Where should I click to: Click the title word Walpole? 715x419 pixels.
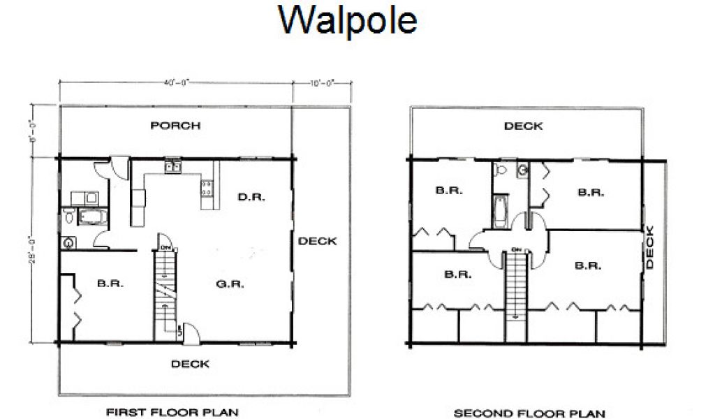point(347,21)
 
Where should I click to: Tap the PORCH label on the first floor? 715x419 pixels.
point(175,126)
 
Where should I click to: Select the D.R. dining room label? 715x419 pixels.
point(250,196)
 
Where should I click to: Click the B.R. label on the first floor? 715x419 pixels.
point(110,284)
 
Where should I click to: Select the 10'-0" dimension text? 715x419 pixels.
point(322,82)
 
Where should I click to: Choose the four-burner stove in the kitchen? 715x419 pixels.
point(207,186)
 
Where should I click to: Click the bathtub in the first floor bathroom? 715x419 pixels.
point(92,217)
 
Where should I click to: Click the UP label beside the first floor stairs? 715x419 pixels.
point(180,331)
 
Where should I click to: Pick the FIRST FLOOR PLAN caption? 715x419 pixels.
point(172,413)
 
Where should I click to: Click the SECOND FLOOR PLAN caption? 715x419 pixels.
point(529,413)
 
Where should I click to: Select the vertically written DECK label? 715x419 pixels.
point(650,248)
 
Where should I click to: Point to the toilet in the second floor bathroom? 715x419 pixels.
point(500,169)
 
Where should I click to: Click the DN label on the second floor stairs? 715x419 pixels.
point(516,249)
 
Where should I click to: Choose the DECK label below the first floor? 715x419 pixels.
point(190,364)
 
